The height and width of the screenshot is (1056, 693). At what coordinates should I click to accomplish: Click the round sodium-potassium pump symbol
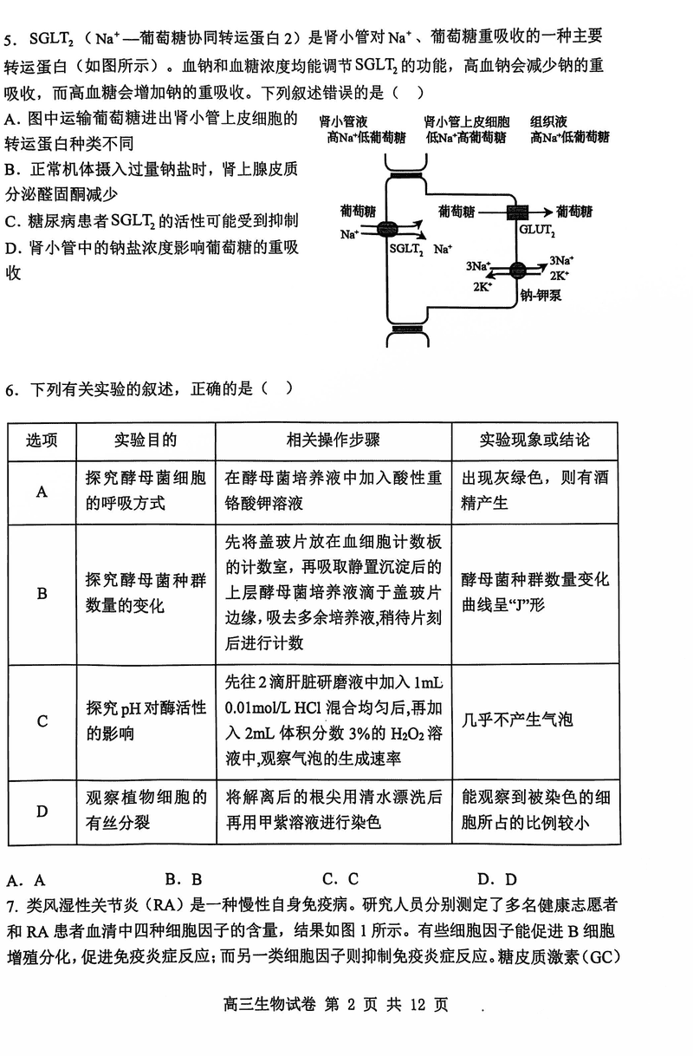tap(517, 270)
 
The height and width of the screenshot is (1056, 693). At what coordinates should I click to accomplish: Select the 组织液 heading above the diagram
tap(549, 121)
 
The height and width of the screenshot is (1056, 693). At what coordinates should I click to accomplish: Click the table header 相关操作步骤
tap(333, 440)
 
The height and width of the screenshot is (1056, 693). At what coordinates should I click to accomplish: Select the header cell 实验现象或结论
tap(534, 440)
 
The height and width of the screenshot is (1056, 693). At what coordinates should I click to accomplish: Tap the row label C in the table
tap(42, 721)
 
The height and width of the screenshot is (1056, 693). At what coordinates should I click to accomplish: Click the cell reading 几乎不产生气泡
tap(517, 720)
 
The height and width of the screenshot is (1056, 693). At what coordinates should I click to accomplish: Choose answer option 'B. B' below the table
tap(184, 878)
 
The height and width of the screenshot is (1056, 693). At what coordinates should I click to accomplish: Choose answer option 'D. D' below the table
tap(497, 878)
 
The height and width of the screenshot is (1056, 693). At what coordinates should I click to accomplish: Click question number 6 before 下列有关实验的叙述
tap(10, 389)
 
